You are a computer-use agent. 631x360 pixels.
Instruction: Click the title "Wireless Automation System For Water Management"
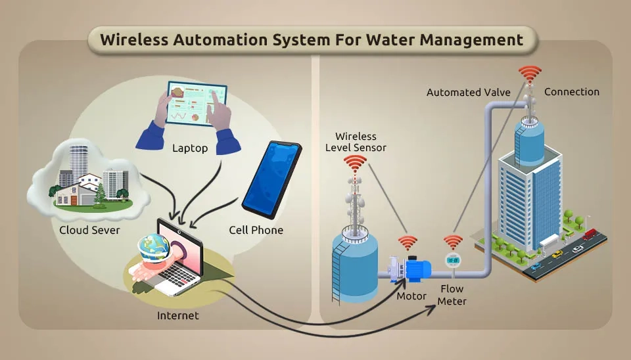[312, 40]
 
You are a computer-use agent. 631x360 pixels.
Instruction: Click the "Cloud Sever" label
[89, 230]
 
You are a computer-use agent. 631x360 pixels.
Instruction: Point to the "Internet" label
[177, 315]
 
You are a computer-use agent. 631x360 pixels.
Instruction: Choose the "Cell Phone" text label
[256, 230]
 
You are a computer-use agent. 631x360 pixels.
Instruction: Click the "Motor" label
[411, 296]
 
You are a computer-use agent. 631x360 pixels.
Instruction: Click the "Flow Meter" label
[452, 295]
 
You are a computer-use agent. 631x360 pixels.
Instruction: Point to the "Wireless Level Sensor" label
[356, 142]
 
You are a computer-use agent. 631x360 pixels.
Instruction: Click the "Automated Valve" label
[468, 93]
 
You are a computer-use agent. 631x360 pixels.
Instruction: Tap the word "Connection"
[572, 92]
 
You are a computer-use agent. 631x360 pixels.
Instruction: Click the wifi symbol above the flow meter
[452, 242]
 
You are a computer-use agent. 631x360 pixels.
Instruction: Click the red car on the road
[590, 234]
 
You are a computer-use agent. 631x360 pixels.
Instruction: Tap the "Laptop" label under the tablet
[190, 148]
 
